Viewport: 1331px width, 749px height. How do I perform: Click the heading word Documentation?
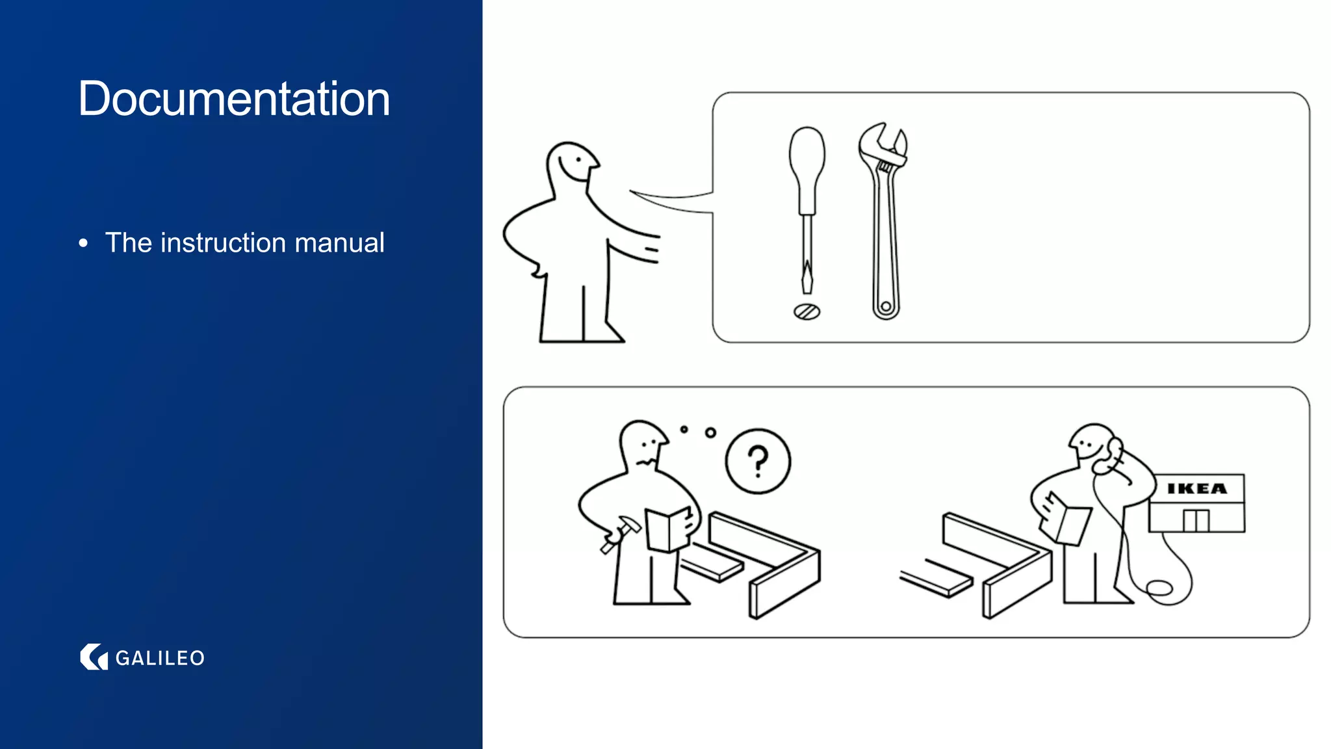tap(234, 99)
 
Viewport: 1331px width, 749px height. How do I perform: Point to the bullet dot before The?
tap(83, 244)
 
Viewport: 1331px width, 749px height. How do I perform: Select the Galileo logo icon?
tap(94, 657)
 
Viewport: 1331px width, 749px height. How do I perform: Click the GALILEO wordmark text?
tap(160, 658)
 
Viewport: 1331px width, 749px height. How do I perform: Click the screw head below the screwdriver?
tap(807, 312)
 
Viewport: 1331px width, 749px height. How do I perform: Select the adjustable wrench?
tap(885, 221)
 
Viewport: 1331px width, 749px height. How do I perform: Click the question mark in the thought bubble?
tap(758, 461)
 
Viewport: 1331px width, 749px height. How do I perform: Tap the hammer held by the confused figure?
tap(621, 532)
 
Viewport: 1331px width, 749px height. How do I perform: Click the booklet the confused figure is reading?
tap(668, 529)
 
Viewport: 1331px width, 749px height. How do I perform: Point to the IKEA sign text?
tap(1196, 488)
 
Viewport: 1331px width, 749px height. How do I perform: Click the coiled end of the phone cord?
tap(1159, 589)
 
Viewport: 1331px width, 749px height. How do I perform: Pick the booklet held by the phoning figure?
tap(1066, 521)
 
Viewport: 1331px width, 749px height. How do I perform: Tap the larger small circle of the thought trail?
tap(710, 432)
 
